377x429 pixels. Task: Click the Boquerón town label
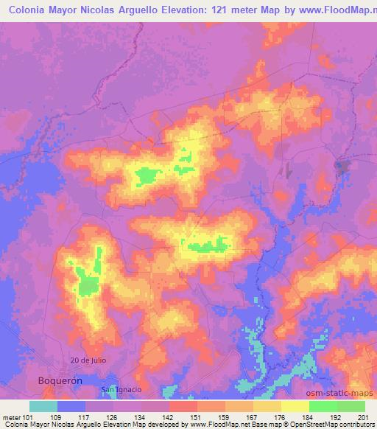tap(58, 380)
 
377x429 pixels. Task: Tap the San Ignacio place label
tap(121, 388)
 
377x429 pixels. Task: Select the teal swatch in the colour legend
tap(43, 406)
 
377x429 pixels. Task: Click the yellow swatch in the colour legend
tap(295, 406)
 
